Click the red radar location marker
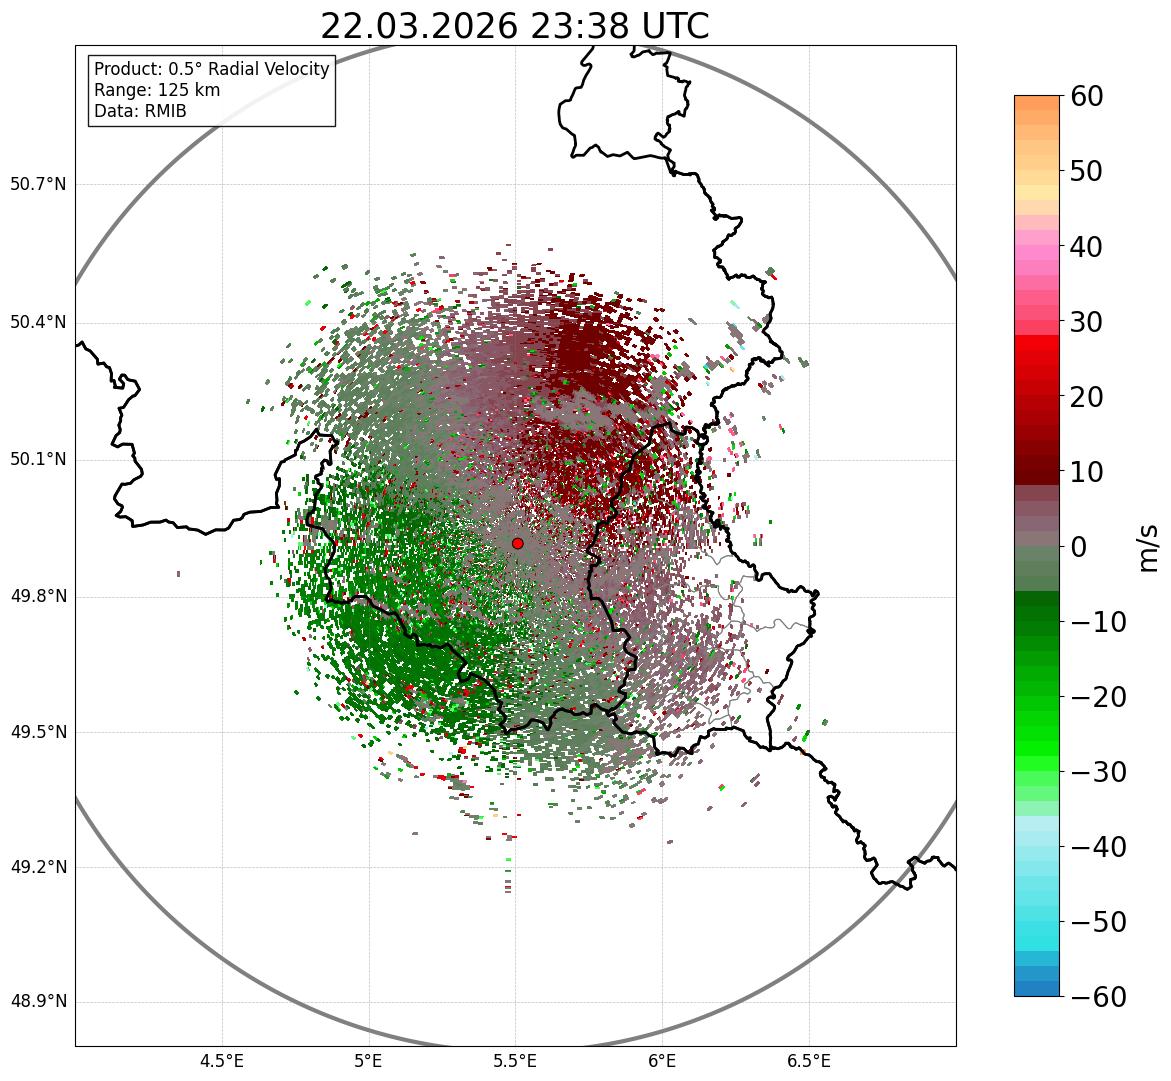517,543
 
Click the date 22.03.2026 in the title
419,26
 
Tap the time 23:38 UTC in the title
619,26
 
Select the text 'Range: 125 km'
157,90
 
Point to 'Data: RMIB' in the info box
140,111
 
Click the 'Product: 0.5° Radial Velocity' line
211,69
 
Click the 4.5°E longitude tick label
222,1060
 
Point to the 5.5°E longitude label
515,1060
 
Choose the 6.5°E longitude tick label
808,1060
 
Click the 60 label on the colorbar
1087,96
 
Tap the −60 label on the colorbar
1098,997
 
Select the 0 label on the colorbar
1079,547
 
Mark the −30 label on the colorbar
1098,772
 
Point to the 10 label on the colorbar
1087,472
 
